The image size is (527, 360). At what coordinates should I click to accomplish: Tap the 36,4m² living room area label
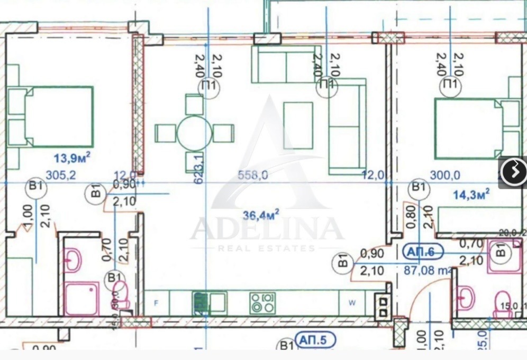point(261,215)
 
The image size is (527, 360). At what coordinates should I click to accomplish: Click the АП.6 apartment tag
point(421,252)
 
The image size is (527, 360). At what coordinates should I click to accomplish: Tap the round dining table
point(194,133)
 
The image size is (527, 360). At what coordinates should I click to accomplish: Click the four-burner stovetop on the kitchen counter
point(262,303)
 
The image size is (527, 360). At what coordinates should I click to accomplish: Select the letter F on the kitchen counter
point(156,303)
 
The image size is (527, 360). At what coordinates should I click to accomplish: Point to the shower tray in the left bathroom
point(81,299)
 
